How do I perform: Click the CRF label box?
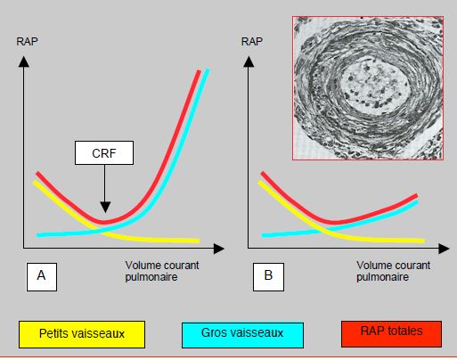tap(104, 152)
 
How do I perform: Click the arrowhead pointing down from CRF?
tap(105, 207)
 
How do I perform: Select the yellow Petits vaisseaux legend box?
tap(82, 334)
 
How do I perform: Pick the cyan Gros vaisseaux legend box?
tap(242, 335)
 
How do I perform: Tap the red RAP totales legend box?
tap(391, 333)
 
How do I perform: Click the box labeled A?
tap(42, 277)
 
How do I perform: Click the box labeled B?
tap(268, 277)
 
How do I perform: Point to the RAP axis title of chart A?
tap(27, 41)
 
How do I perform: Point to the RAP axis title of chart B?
tap(252, 41)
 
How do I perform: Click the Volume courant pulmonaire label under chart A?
tap(162, 271)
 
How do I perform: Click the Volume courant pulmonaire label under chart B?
tap(393, 271)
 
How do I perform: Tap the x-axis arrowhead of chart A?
tap(219, 249)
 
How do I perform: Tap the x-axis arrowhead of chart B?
tap(444, 249)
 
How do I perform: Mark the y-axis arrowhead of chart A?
tap(24, 61)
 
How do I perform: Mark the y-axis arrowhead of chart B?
tap(249, 61)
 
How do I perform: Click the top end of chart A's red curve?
tap(199, 71)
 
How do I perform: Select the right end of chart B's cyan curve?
tap(417, 202)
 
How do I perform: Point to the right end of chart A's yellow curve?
tap(198, 241)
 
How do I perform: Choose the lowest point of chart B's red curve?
tap(334, 222)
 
